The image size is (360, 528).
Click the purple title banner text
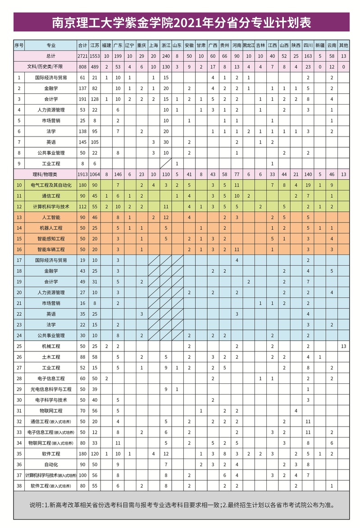pyautogui.click(x=182, y=22)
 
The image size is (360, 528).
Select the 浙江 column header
pyautogui.click(x=165, y=45)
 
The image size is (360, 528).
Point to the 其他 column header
pyautogui.click(x=344, y=45)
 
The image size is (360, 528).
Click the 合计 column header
pyautogui.click(x=82, y=45)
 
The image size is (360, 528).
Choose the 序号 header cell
pyautogui.click(x=19, y=45)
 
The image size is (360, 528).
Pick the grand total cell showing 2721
pyautogui.click(x=82, y=56)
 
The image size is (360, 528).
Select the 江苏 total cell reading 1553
pyautogui.click(x=95, y=56)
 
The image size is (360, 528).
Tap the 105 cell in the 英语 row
pyautogui.click(x=95, y=142)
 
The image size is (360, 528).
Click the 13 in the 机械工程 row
pyautogui.click(x=344, y=346)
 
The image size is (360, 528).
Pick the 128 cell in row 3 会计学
pyautogui.click(x=95, y=99)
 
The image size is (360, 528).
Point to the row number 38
pyautogui.click(x=19, y=486)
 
